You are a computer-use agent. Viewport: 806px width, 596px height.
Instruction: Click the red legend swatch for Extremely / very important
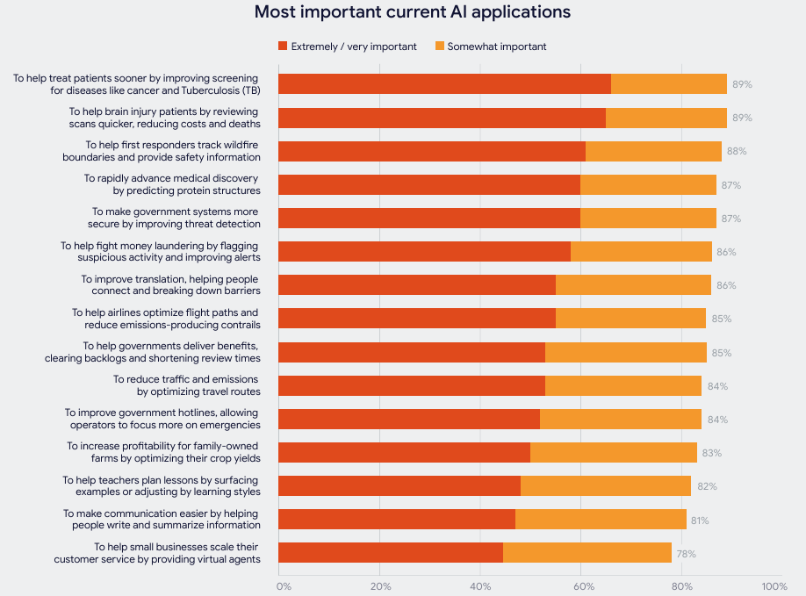(283, 46)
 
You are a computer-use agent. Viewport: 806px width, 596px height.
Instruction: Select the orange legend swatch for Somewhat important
(439, 46)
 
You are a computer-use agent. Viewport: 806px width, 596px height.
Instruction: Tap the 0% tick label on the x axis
(284, 585)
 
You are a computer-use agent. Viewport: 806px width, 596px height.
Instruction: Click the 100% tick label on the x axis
(774, 585)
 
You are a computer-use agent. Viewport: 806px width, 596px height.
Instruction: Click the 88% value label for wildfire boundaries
(736, 151)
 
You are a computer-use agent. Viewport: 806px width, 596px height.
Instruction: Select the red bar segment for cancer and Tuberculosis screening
(444, 84)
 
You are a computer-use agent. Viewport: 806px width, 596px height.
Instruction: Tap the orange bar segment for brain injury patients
(666, 118)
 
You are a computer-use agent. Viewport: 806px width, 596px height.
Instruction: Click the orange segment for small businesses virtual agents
(587, 553)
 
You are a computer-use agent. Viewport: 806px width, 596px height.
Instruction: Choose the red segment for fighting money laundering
(424, 252)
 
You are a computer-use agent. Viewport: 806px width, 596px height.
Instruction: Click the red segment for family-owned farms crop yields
(404, 453)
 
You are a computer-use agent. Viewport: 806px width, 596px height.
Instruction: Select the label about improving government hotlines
(162, 419)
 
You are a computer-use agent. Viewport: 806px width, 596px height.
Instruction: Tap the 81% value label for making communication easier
(700, 521)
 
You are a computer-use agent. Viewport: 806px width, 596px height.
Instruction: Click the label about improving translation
(170, 285)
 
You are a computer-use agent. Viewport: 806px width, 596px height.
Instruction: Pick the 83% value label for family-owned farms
(711, 453)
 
